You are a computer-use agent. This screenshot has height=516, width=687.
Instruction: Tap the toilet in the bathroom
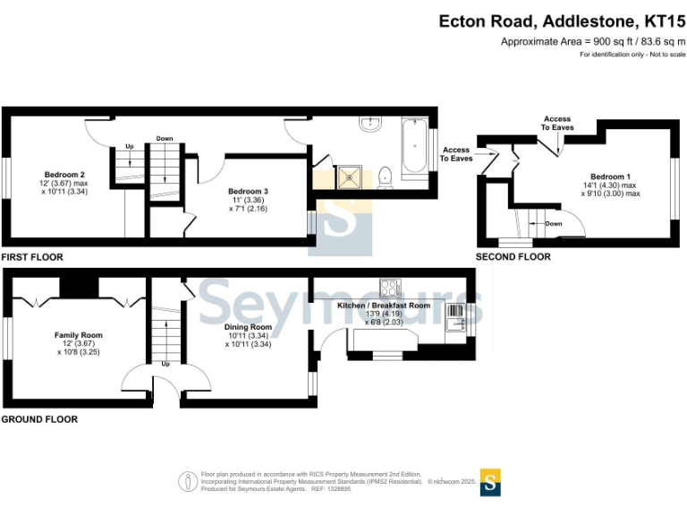point(386,177)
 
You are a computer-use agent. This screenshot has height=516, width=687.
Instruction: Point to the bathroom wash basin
point(371,124)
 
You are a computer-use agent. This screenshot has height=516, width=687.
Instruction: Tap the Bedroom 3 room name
point(248,192)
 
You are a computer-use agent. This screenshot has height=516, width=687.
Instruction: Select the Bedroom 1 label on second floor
point(610,176)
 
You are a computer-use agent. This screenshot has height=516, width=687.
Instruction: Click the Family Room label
point(79,335)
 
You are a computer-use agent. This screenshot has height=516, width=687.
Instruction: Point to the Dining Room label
point(248,327)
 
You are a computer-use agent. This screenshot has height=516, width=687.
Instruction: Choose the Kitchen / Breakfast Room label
point(384,305)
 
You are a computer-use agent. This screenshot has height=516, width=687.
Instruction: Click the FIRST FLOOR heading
point(32,257)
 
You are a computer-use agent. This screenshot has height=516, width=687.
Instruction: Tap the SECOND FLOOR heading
point(513,257)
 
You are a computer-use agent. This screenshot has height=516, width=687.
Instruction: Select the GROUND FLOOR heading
point(39,419)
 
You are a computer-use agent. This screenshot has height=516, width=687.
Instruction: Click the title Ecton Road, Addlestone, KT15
point(562,21)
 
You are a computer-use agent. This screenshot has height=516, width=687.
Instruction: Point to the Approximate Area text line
point(593,42)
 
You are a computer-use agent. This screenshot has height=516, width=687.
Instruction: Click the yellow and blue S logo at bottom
point(490,482)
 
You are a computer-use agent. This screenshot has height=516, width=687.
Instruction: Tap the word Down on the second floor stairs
point(554,224)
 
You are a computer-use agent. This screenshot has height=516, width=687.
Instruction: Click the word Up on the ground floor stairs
point(165,365)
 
